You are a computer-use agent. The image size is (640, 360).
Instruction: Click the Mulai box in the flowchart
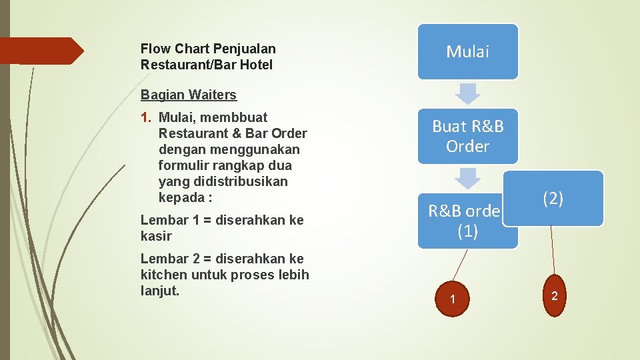[x=467, y=51]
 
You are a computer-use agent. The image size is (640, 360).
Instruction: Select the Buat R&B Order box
[x=467, y=136]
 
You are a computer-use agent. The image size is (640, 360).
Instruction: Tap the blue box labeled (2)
[x=553, y=198]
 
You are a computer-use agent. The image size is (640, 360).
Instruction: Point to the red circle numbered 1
[x=453, y=299]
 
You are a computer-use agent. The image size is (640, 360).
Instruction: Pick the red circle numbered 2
[x=554, y=295]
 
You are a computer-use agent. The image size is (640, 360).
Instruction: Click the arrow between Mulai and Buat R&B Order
[x=469, y=93]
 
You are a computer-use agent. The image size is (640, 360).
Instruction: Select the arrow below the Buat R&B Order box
[x=469, y=177]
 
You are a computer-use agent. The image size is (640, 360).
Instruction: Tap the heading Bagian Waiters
[x=189, y=95]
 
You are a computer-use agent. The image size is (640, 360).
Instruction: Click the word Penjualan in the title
[x=244, y=49]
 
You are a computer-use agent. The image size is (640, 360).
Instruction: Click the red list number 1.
[x=147, y=117]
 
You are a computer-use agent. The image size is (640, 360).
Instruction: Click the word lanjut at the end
[x=160, y=291]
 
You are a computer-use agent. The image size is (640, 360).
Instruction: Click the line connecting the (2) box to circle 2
[x=551, y=250]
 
